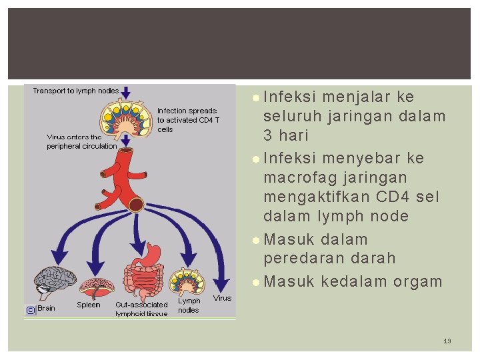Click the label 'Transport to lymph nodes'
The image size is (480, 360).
point(76,91)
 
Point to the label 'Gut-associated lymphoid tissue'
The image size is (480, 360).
point(141,309)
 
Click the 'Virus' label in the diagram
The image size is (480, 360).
point(223,298)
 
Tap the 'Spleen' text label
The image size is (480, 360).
point(89,305)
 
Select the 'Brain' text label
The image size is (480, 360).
point(47,308)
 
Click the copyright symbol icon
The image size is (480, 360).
point(30,309)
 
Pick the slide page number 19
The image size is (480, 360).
point(447,341)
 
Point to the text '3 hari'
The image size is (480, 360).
point(287,135)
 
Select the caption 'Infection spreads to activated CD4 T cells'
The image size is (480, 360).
point(187,120)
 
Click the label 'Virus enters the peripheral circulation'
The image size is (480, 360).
point(81,141)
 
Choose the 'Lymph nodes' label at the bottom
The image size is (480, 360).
point(189,305)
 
